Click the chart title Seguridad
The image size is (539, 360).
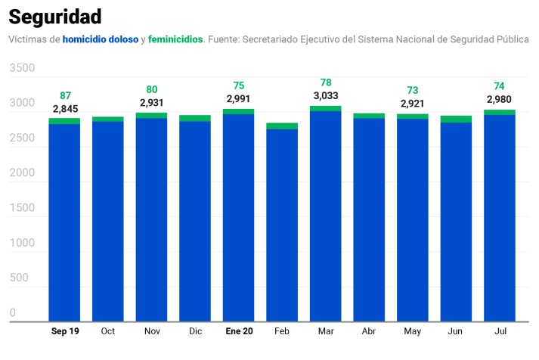(x=55, y=16)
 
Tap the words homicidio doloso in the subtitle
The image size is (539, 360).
(x=101, y=39)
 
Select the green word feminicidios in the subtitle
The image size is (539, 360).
(x=175, y=39)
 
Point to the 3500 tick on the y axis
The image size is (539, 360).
(x=23, y=68)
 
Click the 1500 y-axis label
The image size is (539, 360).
(x=23, y=208)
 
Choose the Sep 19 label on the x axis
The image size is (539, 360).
(x=65, y=331)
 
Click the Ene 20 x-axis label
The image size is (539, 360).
(x=238, y=331)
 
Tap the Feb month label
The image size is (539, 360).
(x=282, y=331)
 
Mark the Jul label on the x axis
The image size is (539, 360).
(x=499, y=331)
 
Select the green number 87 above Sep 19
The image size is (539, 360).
(x=65, y=96)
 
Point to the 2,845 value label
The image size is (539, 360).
(x=65, y=109)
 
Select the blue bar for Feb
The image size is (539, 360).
(x=282, y=227)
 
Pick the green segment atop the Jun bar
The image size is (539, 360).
(x=456, y=119)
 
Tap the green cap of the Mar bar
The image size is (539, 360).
(x=326, y=108)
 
